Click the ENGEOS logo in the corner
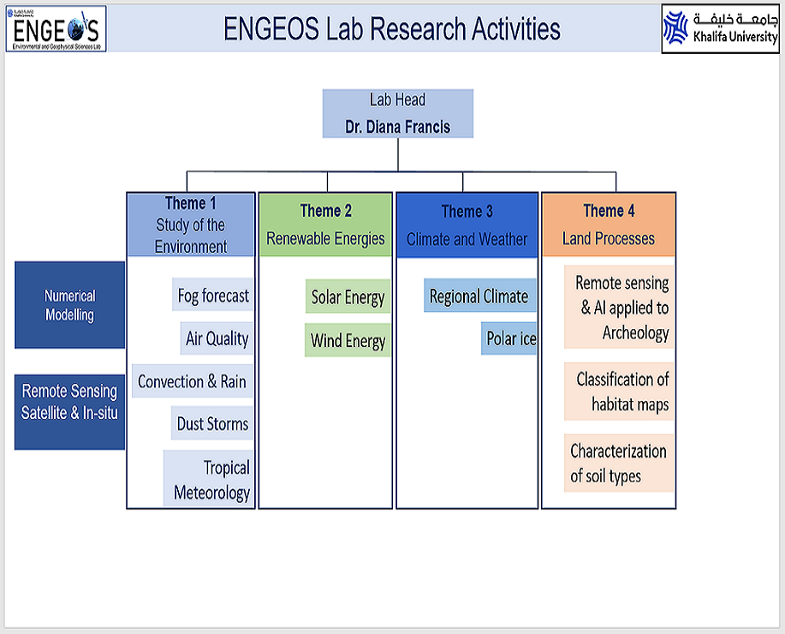coord(56,28)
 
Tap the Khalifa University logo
coord(721,28)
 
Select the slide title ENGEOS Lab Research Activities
coord(391,29)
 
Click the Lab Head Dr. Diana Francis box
coord(397,114)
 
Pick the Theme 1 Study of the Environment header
coord(191,224)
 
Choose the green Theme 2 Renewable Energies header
coord(325,224)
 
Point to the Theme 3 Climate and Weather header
coord(467,224)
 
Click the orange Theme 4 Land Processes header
coord(608,224)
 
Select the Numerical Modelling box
coord(70,305)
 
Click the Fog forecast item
coord(213,296)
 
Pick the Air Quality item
coord(217,338)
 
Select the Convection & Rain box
coord(192,381)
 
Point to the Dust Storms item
coord(212,423)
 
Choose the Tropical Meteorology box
coord(210,479)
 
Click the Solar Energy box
coord(348,297)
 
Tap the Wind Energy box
coord(348,340)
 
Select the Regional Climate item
coord(479,296)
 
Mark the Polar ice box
coord(510,338)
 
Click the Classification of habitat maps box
coord(620,391)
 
